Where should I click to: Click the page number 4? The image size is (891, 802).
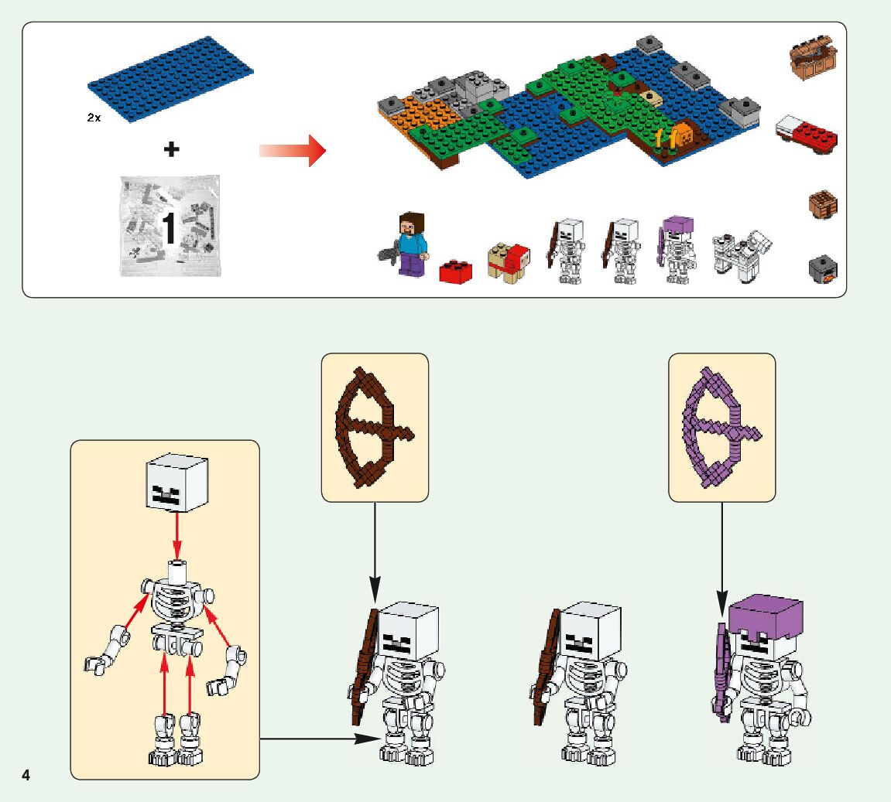[x=26, y=775]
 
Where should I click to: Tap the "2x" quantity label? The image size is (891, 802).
[x=94, y=119]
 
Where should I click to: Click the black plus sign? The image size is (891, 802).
[x=171, y=149]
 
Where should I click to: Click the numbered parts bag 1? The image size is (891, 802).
[x=170, y=226]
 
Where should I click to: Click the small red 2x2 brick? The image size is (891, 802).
[x=457, y=271]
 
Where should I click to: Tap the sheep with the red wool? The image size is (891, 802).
[x=509, y=262]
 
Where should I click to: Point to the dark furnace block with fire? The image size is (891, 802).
[x=823, y=269]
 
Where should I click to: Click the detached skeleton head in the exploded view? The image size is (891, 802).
[x=177, y=484]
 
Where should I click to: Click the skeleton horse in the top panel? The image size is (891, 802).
[x=741, y=256]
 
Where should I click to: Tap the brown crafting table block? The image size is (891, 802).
[x=823, y=204]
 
